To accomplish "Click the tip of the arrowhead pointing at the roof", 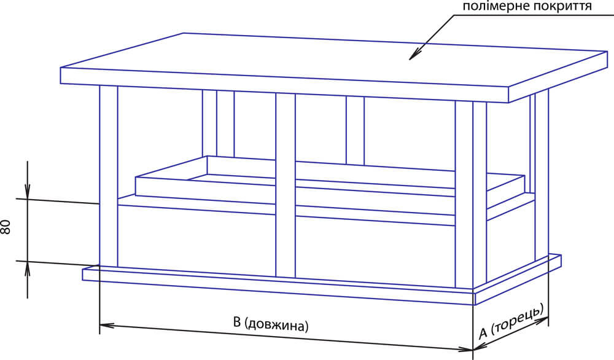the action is [x=410, y=60].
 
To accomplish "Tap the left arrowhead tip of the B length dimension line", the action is [x=100, y=324].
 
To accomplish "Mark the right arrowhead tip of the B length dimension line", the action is [x=473, y=350].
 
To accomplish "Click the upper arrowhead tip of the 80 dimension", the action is [x=28, y=199].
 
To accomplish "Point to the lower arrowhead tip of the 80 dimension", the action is [x=28, y=261].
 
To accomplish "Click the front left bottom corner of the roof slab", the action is [x=61, y=84].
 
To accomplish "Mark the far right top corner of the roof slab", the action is [x=607, y=52].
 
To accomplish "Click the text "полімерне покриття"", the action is [x=527, y=6].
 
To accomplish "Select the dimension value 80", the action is [x=6, y=227].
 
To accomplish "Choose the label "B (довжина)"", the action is [x=271, y=324].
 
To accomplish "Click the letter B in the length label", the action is [x=237, y=322].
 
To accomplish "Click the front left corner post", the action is [x=109, y=176].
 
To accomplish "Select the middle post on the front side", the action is [x=286, y=186].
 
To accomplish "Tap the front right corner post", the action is [x=470, y=195].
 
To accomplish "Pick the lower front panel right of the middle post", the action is [x=375, y=251].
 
